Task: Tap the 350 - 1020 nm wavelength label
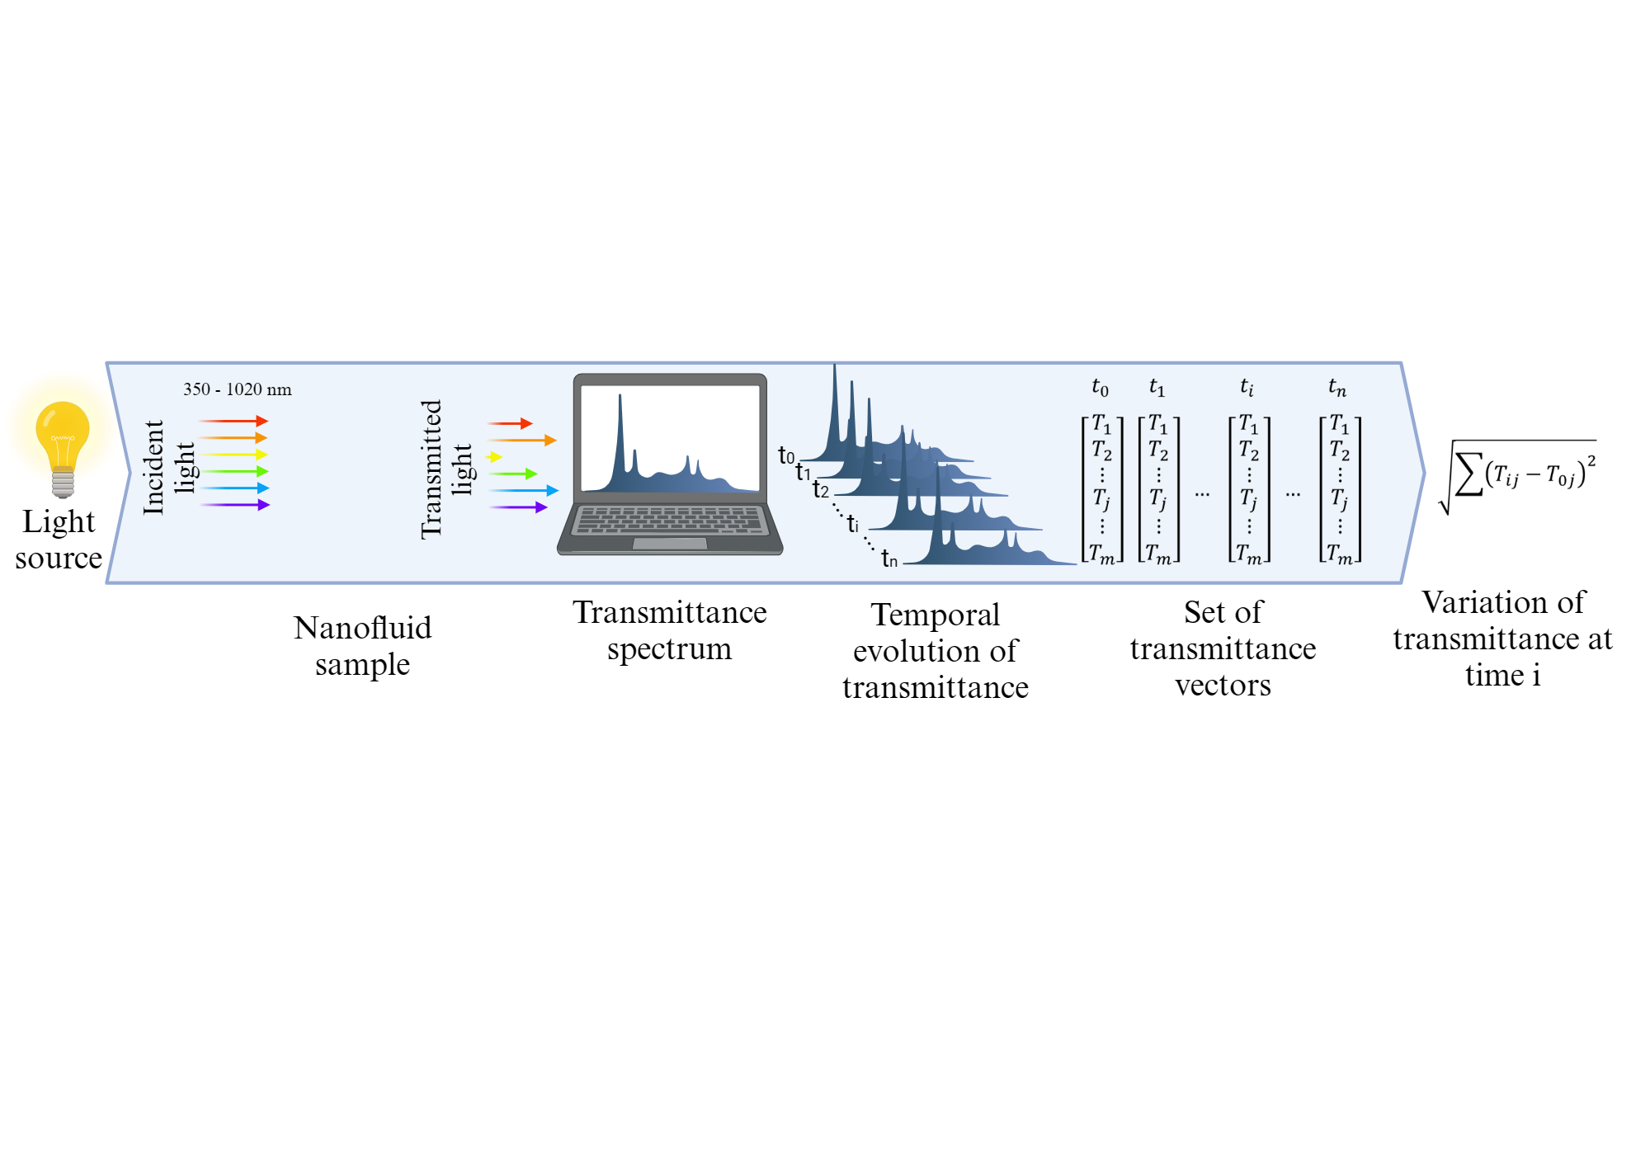pos(238,389)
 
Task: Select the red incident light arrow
pos(233,422)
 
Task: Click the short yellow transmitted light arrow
pos(494,457)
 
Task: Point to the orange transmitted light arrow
pos(522,441)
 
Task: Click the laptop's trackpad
pos(670,544)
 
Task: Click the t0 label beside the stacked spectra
pos(786,456)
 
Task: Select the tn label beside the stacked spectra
pos(889,559)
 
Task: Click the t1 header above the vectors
pos(1157,387)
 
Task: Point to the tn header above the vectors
pos(1336,387)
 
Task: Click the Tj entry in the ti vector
pos(1249,499)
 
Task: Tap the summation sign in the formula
pos(1468,474)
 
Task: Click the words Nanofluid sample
pos(362,646)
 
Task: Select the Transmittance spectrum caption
pos(669,630)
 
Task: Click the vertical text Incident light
pos(169,468)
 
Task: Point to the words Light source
pos(59,540)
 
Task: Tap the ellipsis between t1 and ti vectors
pos(1202,494)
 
